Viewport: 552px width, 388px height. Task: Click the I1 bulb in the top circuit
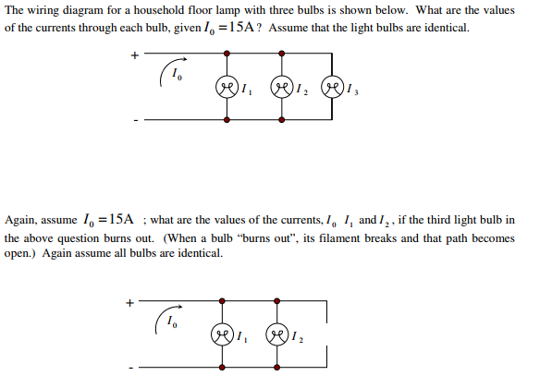point(227,90)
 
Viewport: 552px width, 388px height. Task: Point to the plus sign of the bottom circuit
point(130,300)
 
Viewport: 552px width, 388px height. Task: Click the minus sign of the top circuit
point(134,120)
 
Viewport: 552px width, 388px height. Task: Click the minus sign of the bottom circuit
point(130,369)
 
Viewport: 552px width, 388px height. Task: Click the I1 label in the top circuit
point(245,91)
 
